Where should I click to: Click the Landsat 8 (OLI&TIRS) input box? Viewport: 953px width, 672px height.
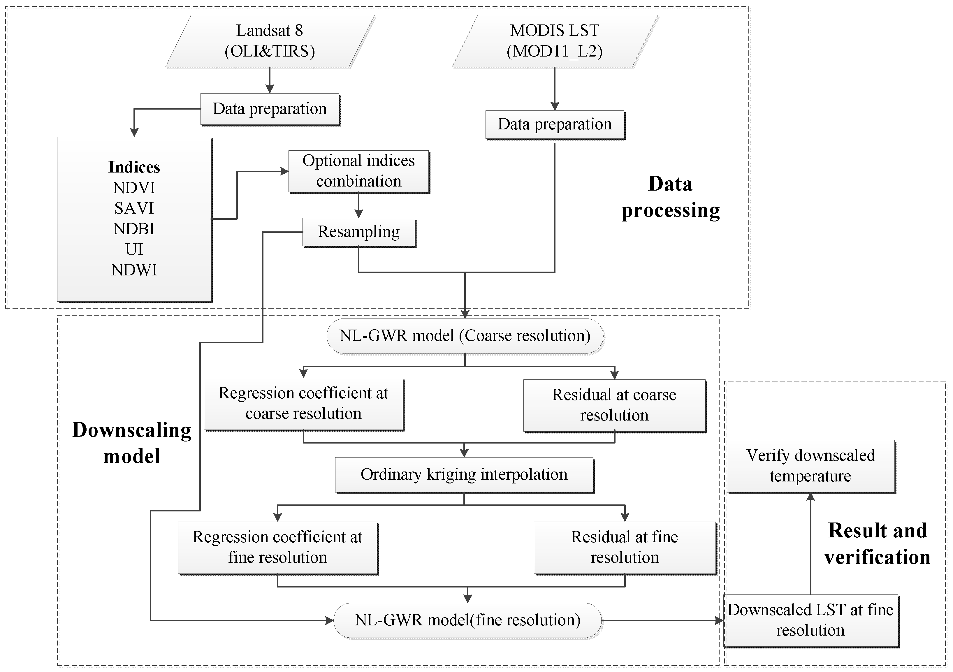pyautogui.click(x=270, y=41)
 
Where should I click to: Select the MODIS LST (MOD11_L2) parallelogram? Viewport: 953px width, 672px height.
pyautogui.click(x=555, y=41)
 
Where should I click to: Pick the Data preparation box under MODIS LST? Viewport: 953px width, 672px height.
pyautogui.click(x=555, y=124)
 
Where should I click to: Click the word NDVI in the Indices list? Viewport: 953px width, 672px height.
pyautogui.click(x=134, y=188)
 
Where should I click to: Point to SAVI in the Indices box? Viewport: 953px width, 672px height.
pyautogui.click(x=134, y=208)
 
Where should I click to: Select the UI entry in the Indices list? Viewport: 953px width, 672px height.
pyautogui.click(x=134, y=249)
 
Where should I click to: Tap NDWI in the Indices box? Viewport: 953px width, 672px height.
pyautogui.click(x=134, y=270)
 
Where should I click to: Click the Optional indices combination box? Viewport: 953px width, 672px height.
pyautogui.click(x=359, y=171)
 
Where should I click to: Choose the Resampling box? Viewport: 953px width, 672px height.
pyautogui.click(x=359, y=232)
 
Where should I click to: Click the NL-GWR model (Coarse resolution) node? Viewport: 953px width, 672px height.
pyautogui.click(x=465, y=336)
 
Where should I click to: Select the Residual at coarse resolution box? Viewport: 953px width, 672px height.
pyautogui.click(x=614, y=405)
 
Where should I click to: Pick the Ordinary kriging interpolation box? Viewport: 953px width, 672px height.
pyautogui.click(x=464, y=474)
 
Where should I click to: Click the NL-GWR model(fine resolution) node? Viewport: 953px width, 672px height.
pyautogui.click(x=467, y=620)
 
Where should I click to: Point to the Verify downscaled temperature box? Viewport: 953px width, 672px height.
pyautogui.click(x=810, y=466)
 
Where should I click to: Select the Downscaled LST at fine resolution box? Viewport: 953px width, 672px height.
pyautogui.click(x=810, y=620)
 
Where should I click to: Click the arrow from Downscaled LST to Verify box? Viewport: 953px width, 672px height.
pyautogui.click(x=810, y=544)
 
